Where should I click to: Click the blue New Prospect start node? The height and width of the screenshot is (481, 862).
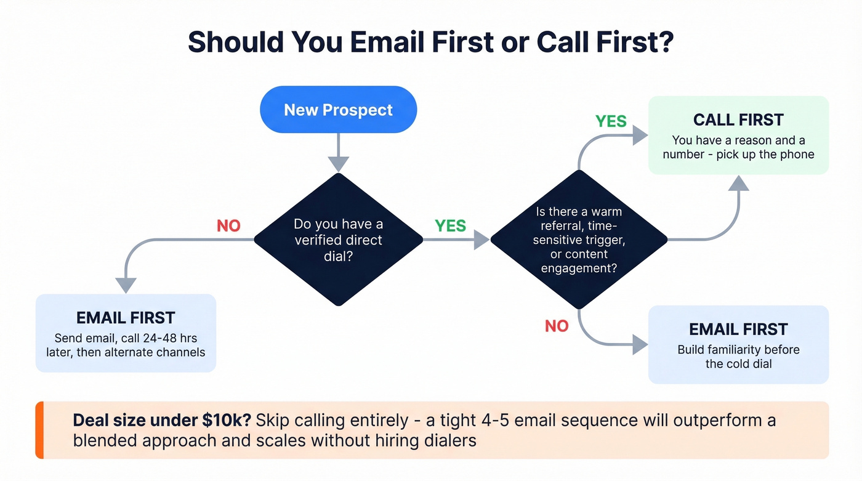pos(338,110)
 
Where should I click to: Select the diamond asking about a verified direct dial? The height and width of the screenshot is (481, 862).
pos(338,240)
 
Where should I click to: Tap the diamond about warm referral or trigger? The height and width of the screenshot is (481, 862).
pos(578,240)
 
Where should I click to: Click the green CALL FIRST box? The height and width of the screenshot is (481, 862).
pos(738,135)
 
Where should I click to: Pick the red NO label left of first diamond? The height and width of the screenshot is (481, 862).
pos(228,225)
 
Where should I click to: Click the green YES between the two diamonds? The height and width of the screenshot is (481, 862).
pos(450,225)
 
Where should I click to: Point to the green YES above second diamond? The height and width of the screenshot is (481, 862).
pos(611,121)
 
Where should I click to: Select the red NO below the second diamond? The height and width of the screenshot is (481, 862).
pos(557,326)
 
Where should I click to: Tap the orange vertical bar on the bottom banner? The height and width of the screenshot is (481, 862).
pos(39,430)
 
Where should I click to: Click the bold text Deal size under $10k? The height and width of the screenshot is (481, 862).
pos(161,421)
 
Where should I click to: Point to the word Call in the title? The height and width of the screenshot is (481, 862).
pos(565,42)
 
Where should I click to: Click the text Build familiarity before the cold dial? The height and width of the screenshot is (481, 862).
pos(738,357)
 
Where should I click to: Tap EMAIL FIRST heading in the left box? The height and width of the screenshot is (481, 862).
pos(126,318)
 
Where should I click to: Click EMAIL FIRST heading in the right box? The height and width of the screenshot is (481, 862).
pos(738,329)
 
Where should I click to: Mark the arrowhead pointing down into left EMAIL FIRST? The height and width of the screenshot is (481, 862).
pos(126,285)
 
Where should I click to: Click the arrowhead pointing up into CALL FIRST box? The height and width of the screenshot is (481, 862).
pos(738,183)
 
